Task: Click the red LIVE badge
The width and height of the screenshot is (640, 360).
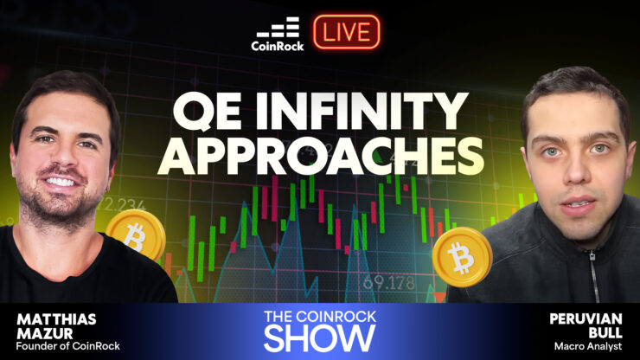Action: (347, 32)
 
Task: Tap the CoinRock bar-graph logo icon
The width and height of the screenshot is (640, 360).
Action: (278, 27)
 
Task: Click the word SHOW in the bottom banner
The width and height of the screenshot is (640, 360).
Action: (320, 338)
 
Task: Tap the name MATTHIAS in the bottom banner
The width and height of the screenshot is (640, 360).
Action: (56, 319)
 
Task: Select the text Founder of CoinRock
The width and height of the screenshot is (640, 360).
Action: (68, 346)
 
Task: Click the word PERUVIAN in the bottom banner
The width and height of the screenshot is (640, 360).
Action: (586, 318)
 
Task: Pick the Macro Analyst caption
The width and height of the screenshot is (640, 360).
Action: (588, 346)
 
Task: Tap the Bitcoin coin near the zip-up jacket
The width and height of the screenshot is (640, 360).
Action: (463, 257)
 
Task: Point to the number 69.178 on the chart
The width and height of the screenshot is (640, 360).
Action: (388, 283)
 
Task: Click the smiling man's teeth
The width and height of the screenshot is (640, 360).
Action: (61, 181)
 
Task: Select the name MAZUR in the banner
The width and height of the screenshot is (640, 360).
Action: (45, 333)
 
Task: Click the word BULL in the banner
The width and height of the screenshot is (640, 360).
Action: (605, 333)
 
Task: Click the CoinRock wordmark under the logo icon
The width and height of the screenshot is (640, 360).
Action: (278, 46)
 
